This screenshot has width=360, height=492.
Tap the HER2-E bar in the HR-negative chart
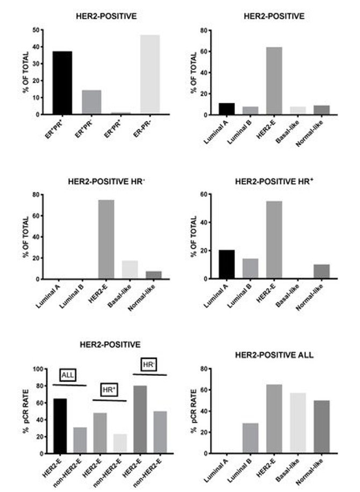pyautogui.click(x=106, y=240)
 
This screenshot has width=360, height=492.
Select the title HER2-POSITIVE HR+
pyautogui.click(x=274, y=182)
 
